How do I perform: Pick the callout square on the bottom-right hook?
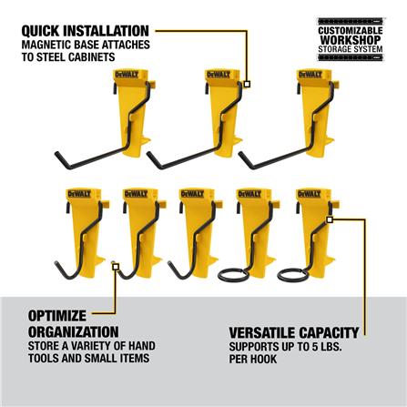[x=327, y=219]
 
